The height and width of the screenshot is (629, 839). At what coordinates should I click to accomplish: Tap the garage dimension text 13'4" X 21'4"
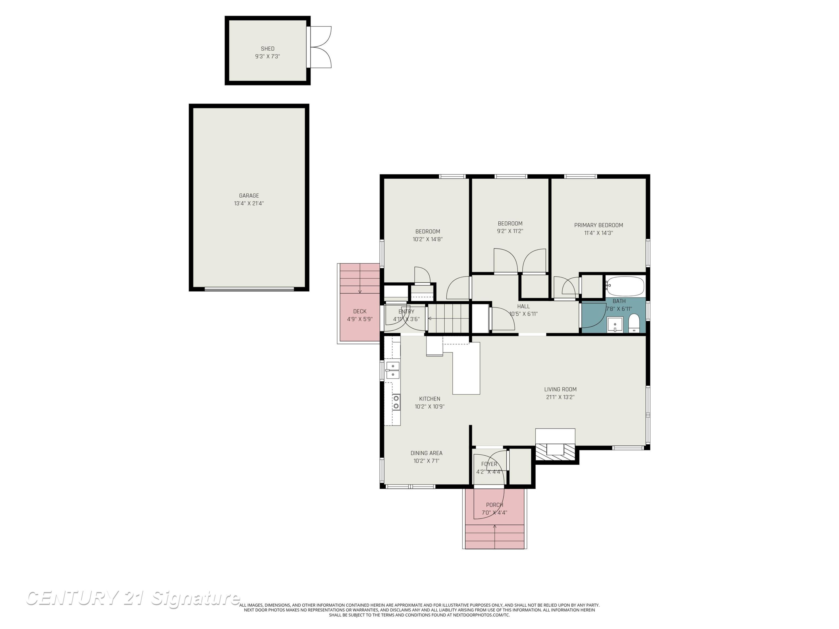pos(249,204)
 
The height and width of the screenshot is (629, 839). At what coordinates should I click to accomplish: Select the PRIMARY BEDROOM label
pos(598,225)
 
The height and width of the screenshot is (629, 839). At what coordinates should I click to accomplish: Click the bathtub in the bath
pos(625,286)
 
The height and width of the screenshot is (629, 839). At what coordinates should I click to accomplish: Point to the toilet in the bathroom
pos(634,323)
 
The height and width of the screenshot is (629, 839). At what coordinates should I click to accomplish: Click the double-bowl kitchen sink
pos(393,370)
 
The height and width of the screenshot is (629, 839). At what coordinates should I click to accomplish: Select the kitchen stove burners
pos(396,402)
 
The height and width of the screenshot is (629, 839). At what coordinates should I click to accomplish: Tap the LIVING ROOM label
pos(560,389)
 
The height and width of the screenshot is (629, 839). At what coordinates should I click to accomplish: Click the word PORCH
pos(495,505)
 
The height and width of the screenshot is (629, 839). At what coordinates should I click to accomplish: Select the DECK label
pos(360,311)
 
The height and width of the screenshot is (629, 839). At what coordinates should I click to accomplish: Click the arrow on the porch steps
pos(495,536)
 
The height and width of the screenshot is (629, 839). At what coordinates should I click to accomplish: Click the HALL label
pos(524,306)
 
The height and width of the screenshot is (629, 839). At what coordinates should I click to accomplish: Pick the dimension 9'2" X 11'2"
pos(510,231)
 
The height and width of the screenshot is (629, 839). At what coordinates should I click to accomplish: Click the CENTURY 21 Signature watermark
pos(133,598)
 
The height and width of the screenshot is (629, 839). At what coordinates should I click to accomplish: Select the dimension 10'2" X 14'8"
pos(428,239)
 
